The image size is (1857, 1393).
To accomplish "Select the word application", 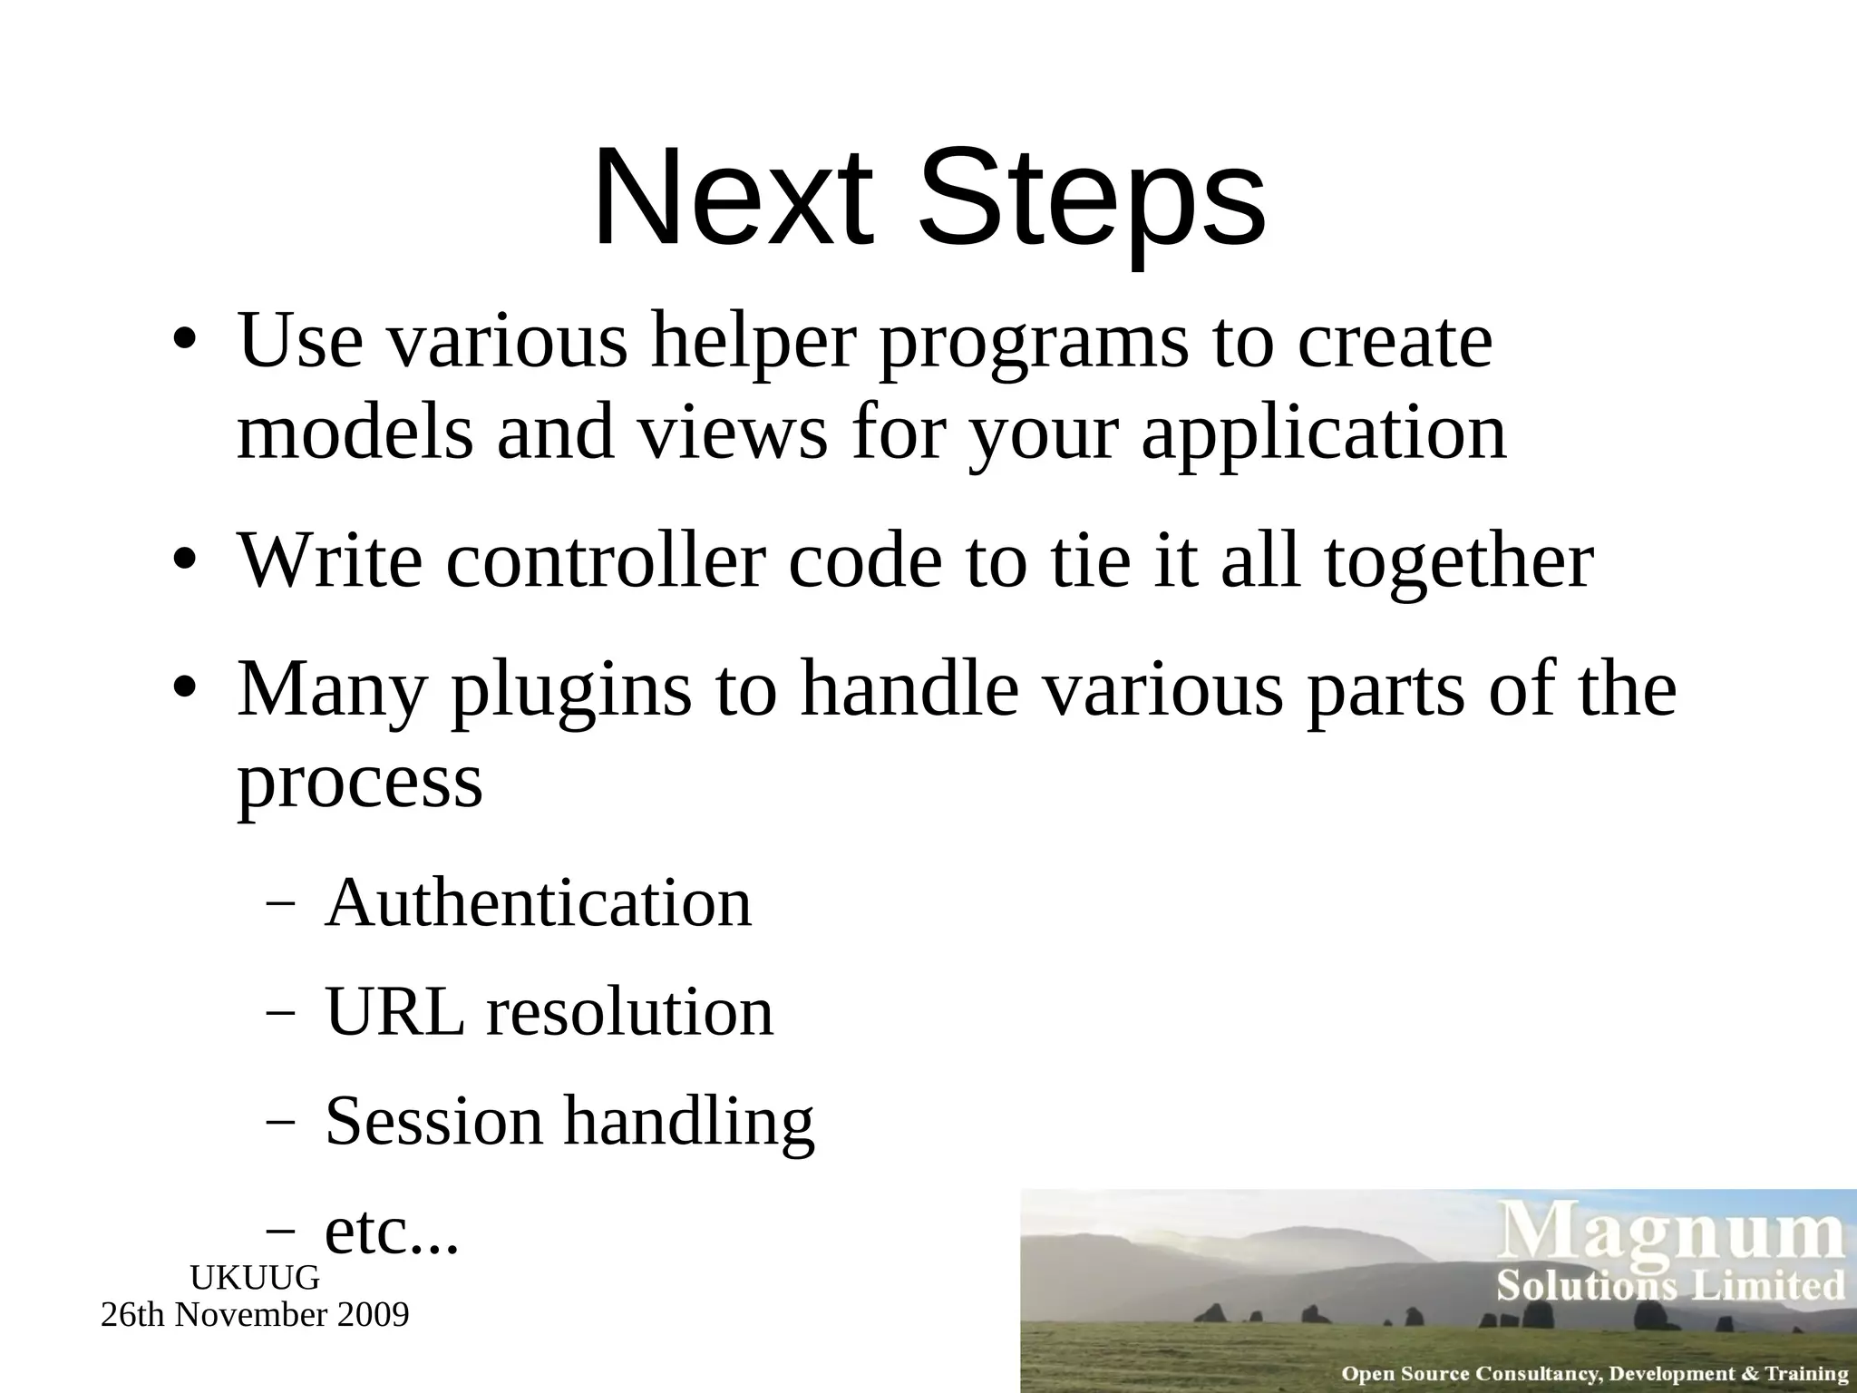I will pos(1324,433).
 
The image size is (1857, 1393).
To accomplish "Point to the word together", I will pos(1458,562).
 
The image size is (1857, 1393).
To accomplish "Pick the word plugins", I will pos(570,692).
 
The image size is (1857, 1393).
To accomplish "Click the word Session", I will pos(433,1121).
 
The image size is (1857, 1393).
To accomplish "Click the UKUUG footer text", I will pos(255,1278).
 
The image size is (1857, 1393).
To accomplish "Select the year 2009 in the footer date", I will pos(372,1314).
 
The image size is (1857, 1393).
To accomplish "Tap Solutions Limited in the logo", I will pos(1670,1286).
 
